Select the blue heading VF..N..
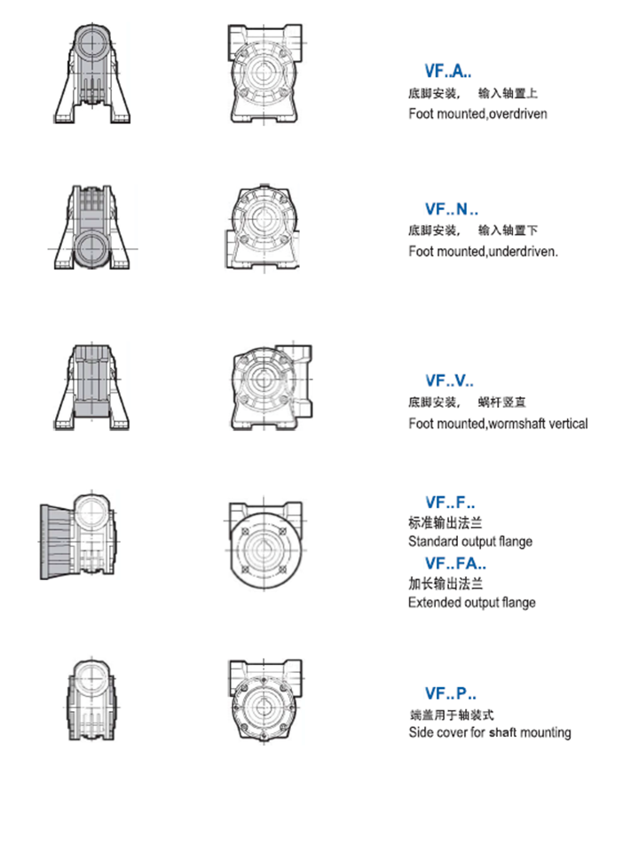tap(451, 210)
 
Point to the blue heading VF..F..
tap(450, 502)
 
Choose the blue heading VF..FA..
tap(455, 563)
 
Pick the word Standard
tap(430, 542)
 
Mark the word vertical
tap(569, 424)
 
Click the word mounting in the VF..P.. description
tap(544, 733)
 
